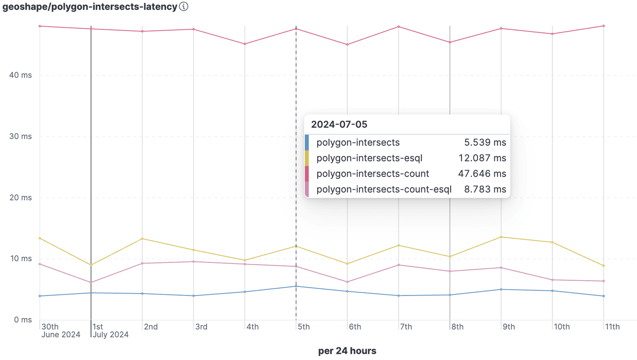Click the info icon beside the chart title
184,7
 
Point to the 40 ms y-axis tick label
21,75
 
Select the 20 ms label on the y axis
21,197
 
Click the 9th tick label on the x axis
508,327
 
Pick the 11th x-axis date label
613,327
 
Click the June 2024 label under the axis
61,335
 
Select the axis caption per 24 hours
347,351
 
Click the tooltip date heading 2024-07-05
339,124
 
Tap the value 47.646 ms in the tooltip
484,174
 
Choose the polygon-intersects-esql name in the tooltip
367,158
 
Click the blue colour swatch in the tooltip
307,143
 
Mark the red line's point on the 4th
245,44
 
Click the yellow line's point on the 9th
501,237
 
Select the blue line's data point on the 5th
296,286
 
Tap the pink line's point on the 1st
91,283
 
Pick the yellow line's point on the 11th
604,266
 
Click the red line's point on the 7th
399,27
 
